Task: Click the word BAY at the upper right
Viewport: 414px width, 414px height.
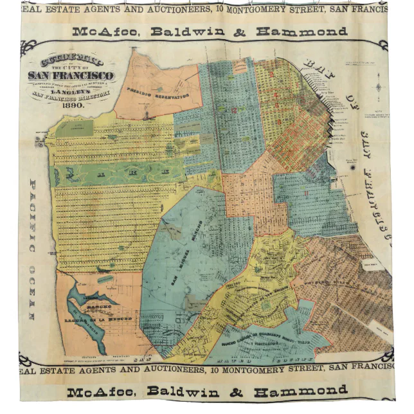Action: coord(318,67)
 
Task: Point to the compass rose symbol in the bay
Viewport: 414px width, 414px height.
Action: coord(379,86)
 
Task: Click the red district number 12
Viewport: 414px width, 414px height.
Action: coord(234,109)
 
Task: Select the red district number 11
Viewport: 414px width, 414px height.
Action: coord(307,193)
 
